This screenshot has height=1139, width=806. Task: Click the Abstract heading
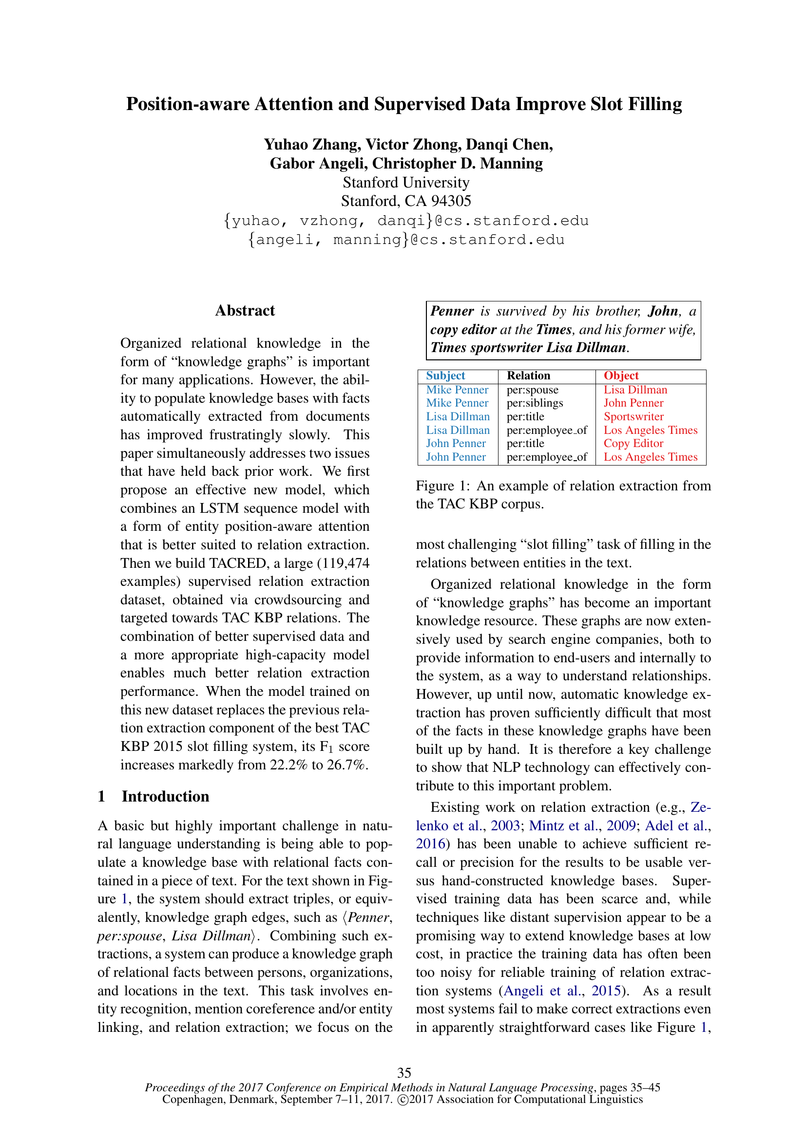pyautogui.click(x=245, y=311)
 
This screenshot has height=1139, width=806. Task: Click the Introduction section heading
pyautogui.click(x=165, y=796)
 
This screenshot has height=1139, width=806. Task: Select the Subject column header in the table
pyautogui.click(x=445, y=375)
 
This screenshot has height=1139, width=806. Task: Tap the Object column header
pyautogui.click(x=621, y=375)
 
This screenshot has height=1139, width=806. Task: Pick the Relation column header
pyautogui.click(x=528, y=375)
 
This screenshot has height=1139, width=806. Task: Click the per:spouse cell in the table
pyautogui.click(x=532, y=390)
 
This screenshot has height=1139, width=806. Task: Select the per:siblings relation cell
pyautogui.click(x=535, y=403)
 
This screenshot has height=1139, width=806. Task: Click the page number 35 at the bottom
pyautogui.click(x=404, y=1073)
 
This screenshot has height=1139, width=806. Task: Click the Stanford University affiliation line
pyautogui.click(x=406, y=183)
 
